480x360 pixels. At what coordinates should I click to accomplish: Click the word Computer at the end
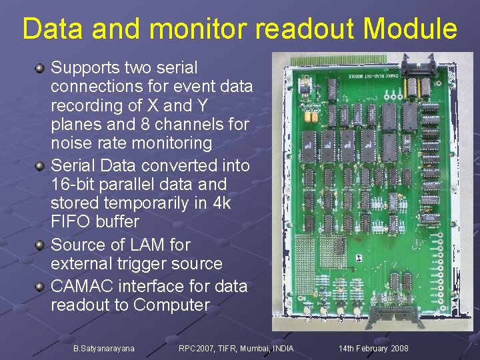coord(171,305)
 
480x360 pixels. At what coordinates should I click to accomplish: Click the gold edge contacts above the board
coord(340,59)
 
